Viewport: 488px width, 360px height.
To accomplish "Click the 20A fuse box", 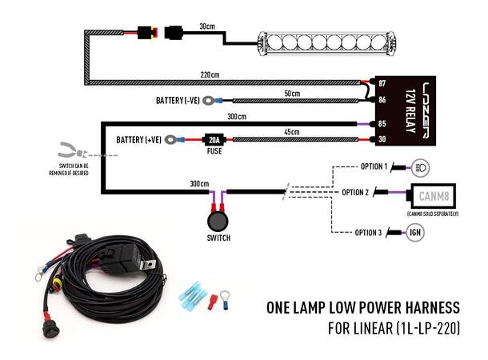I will [x=214, y=138].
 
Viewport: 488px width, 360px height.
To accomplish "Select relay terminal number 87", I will [x=383, y=83].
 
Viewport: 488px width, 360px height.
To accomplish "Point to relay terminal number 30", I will [x=383, y=139].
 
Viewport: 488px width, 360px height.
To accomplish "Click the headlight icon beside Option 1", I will [x=421, y=167].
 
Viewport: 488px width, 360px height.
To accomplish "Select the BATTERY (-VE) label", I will [x=180, y=102].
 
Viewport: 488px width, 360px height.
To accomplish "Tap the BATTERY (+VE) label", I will [x=140, y=139].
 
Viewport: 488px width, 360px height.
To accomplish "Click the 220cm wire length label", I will [x=211, y=74].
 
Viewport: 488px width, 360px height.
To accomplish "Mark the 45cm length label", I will [x=290, y=131].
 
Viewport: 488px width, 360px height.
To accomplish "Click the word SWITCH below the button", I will [x=218, y=238].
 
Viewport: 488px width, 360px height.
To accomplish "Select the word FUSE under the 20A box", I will [x=214, y=150].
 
